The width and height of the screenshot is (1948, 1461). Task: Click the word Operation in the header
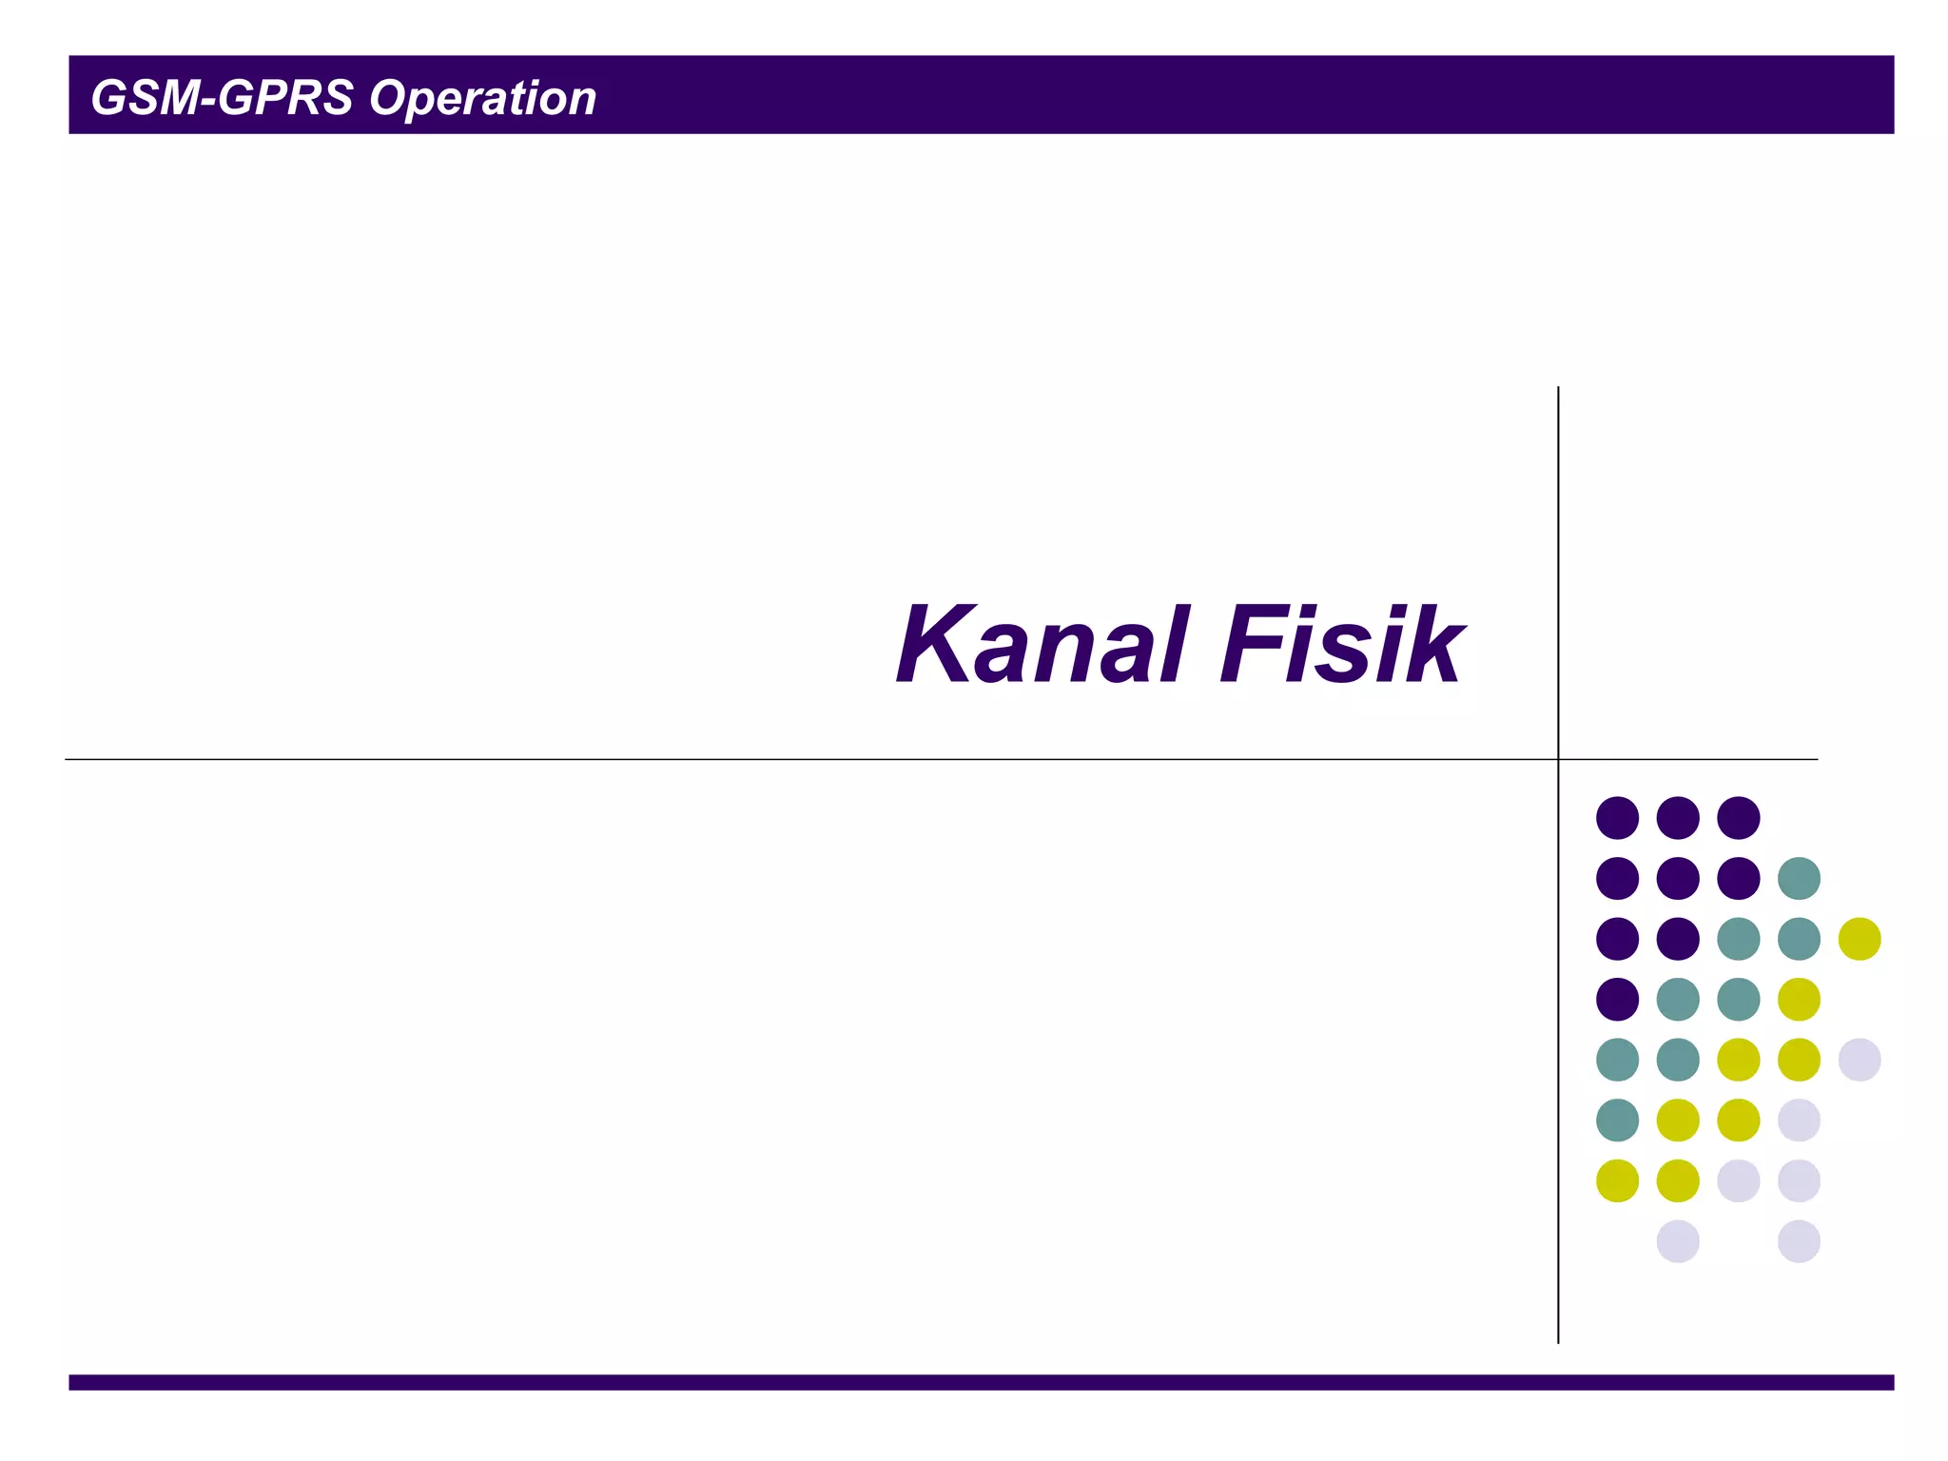tap(482, 99)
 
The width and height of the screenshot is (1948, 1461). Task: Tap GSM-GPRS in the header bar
tap(222, 98)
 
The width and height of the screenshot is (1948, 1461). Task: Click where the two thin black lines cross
tap(1558, 759)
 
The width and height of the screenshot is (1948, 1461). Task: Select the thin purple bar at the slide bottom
tap(981, 1382)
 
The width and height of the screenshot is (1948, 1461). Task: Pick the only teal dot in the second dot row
tap(1799, 878)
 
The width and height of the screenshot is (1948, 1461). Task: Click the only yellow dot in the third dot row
tap(1860, 939)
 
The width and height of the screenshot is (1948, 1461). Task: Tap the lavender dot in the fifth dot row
tap(1860, 1060)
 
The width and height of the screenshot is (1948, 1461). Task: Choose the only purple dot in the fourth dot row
tap(1617, 999)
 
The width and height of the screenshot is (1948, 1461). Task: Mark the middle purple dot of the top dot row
tap(1678, 818)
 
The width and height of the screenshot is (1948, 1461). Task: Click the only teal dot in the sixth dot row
tap(1617, 1120)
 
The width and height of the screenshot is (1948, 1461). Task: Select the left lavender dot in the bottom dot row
tap(1678, 1241)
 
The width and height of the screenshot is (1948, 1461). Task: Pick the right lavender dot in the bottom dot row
tap(1799, 1241)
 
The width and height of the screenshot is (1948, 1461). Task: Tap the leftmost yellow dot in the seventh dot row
tap(1617, 1180)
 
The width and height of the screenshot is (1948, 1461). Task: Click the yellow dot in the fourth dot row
tap(1799, 999)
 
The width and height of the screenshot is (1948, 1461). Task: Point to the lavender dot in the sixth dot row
tap(1799, 1120)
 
